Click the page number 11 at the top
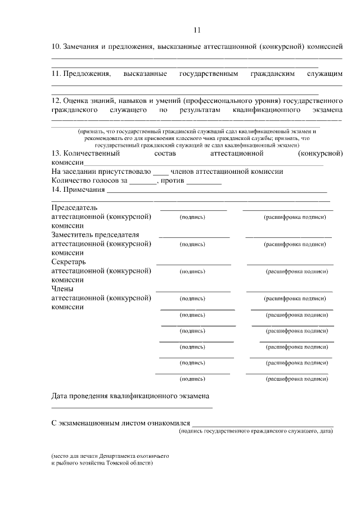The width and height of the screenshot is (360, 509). click(x=196, y=30)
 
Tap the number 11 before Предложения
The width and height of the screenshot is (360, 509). click(x=56, y=74)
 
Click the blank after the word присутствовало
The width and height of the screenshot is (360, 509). click(x=160, y=172)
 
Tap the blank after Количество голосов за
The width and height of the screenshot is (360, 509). click(x=143, y=181)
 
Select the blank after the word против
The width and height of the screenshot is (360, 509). click(x=204, y=181)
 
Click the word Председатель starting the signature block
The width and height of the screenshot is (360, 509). click(x=74, y=207)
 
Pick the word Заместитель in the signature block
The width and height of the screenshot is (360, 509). click(x=74, y=235)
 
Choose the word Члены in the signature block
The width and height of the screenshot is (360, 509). click(x=62, y=289)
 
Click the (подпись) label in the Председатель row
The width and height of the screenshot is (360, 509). click(x=192, y=217)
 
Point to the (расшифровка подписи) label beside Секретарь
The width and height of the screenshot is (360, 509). click(x=296, y=271)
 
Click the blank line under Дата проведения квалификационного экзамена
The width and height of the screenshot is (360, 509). click(x=132, y=406)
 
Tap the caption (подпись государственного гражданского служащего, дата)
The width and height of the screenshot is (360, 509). click(x=256, y=431)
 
